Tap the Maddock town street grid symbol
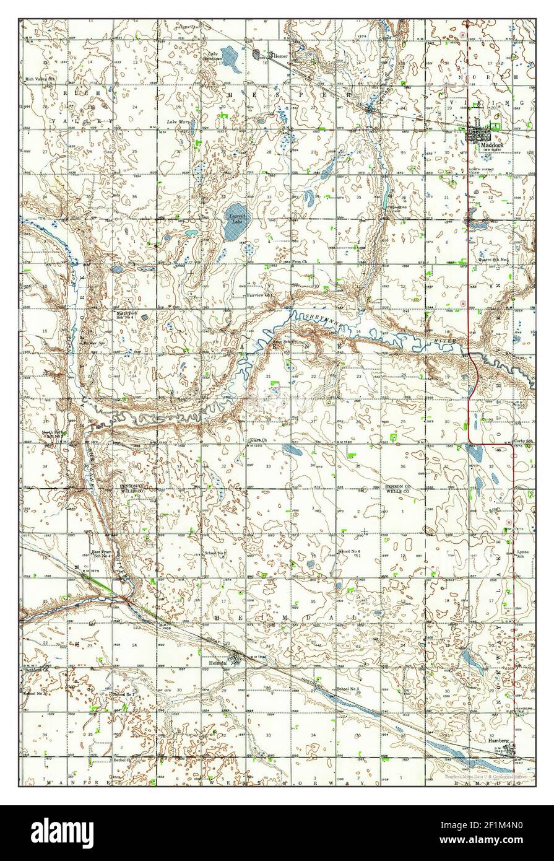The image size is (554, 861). tap(479, 134)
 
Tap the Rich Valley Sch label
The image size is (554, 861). tap(40, 80)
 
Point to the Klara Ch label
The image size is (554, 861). tap(257, 440)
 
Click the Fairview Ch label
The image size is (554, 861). tap(259, 295)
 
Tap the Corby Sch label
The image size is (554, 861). tap(523, 441)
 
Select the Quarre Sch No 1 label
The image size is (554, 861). tap(493, 259)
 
